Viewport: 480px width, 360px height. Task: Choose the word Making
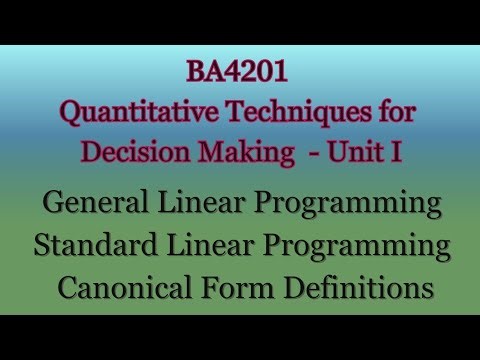pos(241,156)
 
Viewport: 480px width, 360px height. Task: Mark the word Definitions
pos(353,287)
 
